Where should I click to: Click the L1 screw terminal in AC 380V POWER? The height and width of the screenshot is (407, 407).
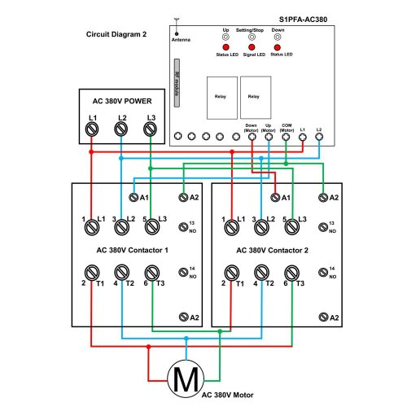[x=92, y=129]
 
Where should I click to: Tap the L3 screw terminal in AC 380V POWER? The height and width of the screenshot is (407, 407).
[x=150, y=129]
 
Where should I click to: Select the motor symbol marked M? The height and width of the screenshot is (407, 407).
[x=186, y=379]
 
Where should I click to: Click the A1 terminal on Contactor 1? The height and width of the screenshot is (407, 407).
[x=133, y=197]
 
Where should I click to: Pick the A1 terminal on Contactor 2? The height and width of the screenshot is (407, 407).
[x=275, y=197]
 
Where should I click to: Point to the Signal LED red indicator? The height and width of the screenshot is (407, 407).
[x=252, y=47]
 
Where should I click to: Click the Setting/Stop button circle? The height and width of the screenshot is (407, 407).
[x=252, y=37]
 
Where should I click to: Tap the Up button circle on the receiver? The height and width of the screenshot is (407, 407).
[x=225, y=37]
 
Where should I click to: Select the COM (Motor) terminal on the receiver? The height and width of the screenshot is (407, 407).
[x=286, y=137]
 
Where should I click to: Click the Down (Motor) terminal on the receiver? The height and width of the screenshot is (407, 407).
[x=252, y=137]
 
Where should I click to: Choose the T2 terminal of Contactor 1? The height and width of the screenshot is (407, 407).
[x=122, y=272]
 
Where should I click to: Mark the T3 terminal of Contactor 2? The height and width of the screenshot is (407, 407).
[x=292, y=273]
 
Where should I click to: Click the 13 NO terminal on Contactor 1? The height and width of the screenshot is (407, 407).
[x=183, y=227]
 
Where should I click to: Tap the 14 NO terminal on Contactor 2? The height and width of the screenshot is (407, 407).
[x=323, y=272]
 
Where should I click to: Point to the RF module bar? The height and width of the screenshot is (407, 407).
[x=177, y=83]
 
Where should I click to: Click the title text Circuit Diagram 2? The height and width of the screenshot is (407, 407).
[x=116, y=34]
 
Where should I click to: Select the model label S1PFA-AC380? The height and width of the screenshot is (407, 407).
[x=303, y=20]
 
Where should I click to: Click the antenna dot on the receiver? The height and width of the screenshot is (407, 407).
[x=177, y=34]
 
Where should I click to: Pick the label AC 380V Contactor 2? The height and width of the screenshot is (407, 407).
[x=272, y=250]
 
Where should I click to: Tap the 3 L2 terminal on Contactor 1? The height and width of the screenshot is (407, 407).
[x=122, y=227]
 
